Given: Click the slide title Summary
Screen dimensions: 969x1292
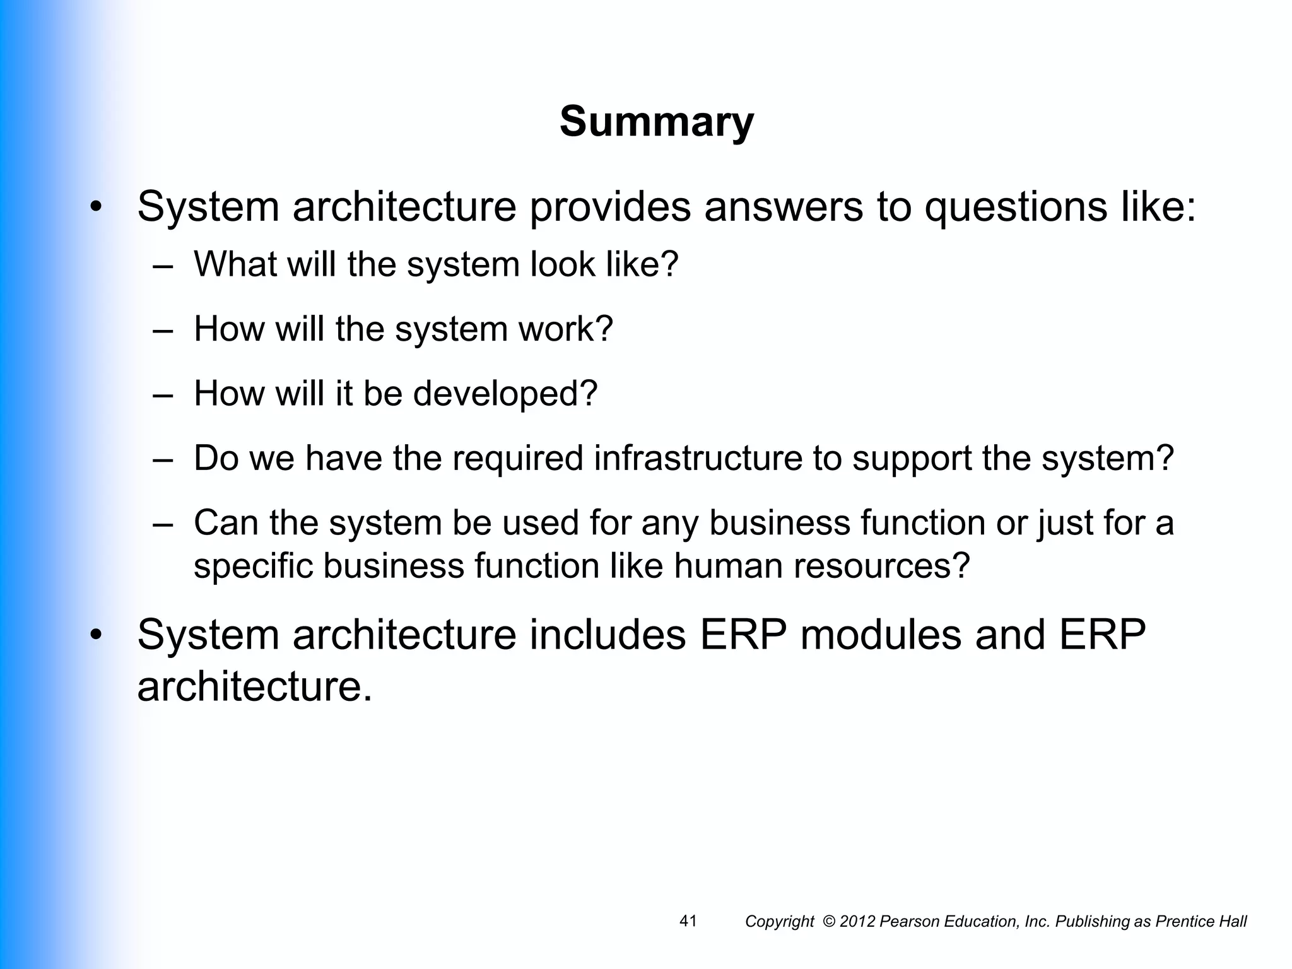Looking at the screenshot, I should pos(656,122).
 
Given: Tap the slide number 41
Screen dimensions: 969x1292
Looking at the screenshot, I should pos(688,921).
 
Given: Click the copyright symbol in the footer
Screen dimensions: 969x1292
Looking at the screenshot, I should pos(830,922).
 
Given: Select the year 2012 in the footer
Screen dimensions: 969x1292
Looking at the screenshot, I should pos(858,922).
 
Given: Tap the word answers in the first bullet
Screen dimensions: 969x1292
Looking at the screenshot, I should pos(783,206).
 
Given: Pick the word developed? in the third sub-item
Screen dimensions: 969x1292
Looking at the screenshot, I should pos(505,394).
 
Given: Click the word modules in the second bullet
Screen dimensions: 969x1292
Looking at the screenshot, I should pos(881,634).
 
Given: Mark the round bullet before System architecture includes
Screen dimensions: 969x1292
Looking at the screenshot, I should pos(95,634).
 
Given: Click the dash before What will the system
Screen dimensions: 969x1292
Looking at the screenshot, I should pos(163,266).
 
